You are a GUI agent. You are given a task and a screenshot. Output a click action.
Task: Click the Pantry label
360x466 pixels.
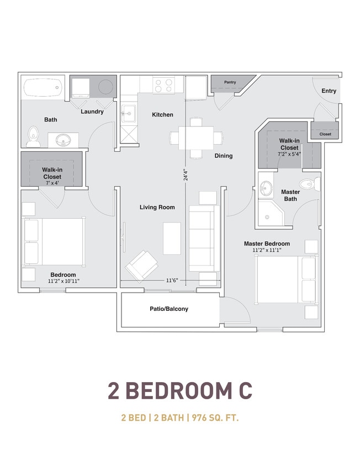[230, 82]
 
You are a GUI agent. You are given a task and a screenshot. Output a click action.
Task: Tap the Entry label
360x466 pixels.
[329, 91]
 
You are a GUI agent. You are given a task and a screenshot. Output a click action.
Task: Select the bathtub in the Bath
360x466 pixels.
[43, 87]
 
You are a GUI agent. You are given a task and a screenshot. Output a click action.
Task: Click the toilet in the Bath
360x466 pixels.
[33, 137]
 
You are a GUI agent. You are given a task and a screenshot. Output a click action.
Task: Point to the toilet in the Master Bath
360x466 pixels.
[310, 184]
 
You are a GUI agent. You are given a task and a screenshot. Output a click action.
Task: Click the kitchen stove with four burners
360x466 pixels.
[164, 84]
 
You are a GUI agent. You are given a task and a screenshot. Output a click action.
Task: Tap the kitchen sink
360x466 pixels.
[129, 113]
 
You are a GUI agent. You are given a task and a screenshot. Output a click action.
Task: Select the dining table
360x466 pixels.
[196, 138]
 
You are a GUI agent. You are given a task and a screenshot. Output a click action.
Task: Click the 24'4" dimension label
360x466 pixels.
[186, 175]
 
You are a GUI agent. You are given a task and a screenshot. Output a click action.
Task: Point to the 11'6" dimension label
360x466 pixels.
[172, 280]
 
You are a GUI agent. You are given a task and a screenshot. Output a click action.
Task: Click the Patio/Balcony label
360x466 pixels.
[169, 309]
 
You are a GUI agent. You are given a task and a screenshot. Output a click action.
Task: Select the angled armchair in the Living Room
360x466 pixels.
[142, 266]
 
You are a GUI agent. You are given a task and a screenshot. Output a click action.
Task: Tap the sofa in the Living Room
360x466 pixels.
[204, 238]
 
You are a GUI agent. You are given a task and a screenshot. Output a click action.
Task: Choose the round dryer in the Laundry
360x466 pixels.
[105, 87]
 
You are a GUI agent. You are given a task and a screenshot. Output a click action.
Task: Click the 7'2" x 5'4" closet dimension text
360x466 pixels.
[289, 154]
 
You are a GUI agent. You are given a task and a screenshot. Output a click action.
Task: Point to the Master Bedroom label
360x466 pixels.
[267, 243]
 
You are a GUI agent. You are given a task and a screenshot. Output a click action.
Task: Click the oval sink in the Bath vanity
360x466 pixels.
[63, 140]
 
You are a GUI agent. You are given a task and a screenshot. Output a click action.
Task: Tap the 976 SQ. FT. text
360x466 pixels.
[215, 418]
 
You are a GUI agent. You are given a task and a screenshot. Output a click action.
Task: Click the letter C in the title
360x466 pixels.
[245, 391]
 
